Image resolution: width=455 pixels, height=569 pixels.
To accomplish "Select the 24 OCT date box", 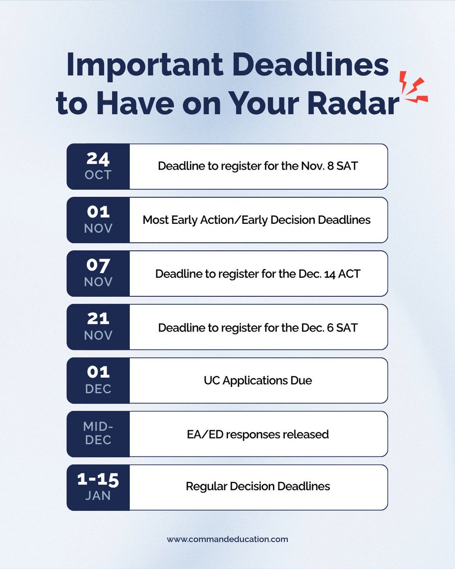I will point(98,166).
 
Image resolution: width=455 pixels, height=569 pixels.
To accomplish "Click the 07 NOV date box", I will point(98,274).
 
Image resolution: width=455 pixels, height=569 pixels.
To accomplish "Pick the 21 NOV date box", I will point(98,327).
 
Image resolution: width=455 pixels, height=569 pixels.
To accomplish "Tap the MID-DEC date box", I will point(98,434).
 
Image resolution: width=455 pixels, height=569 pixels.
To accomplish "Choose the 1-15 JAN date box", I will point(98,487).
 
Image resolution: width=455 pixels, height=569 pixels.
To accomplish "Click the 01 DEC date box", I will point(98,380).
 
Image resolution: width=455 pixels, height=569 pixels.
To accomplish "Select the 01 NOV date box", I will point(98,220).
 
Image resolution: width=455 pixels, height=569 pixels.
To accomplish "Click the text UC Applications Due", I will point(258,381).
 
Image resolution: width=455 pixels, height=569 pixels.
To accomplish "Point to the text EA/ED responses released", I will point(258,434).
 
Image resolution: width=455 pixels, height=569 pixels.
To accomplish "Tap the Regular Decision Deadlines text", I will point(258,486).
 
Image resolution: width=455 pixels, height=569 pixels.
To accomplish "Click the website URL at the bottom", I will point(227,539).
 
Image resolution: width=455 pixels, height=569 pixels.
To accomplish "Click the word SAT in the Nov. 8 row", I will point(347,167).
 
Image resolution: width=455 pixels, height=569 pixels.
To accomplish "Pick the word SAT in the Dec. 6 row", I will point(347,328).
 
